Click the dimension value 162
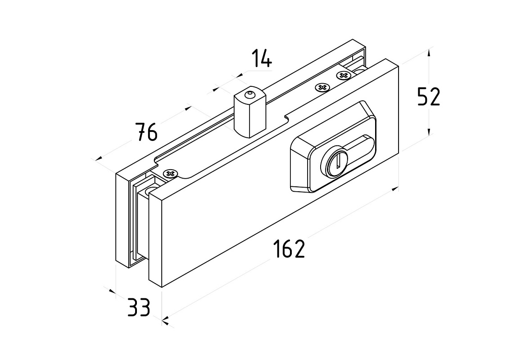click(x=289, y=249)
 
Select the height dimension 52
click(x=428, y=97)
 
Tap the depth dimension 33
click(x=138, y=308)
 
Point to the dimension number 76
click(x=147, y=132)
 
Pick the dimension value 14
click(x=261, y=58)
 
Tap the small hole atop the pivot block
click(x=248, y=94)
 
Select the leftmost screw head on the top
click(x=171, y=174)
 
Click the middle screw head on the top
click(x=322, y=87)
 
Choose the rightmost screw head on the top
click(x=344, y=75)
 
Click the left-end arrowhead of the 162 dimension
click(x=165, y=320)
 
